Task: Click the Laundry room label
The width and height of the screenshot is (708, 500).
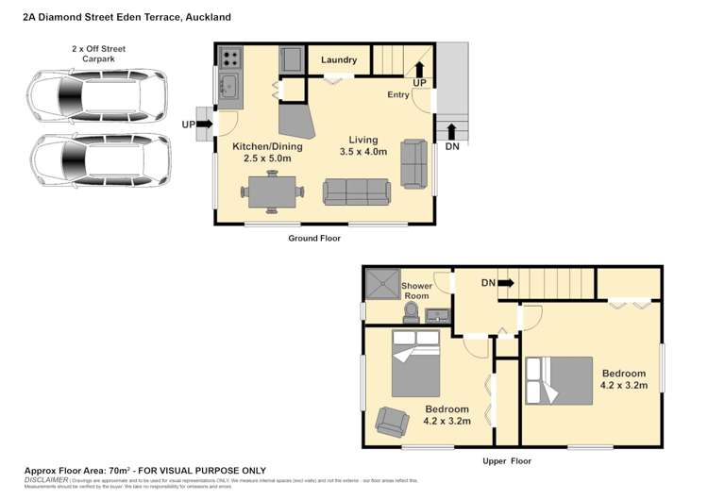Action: (339, 60)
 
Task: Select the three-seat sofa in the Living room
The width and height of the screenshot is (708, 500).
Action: (357, 192)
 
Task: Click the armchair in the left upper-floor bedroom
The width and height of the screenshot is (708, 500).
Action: (392, 421)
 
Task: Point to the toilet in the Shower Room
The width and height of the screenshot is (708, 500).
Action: (412, 312)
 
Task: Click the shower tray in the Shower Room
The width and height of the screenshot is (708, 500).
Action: (381, 282)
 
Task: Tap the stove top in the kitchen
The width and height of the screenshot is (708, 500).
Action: (230, 58)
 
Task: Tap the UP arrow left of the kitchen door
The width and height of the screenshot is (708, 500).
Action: (204, 124)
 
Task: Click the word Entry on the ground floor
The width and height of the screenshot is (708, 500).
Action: (398, 95)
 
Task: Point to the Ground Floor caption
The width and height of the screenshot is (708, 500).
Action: (314, 239)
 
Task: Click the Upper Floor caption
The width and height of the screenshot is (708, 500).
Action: (506, 461)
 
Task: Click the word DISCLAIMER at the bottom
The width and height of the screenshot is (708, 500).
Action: (46, 479)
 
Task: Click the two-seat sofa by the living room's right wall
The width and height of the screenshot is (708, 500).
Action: (414, 163)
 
